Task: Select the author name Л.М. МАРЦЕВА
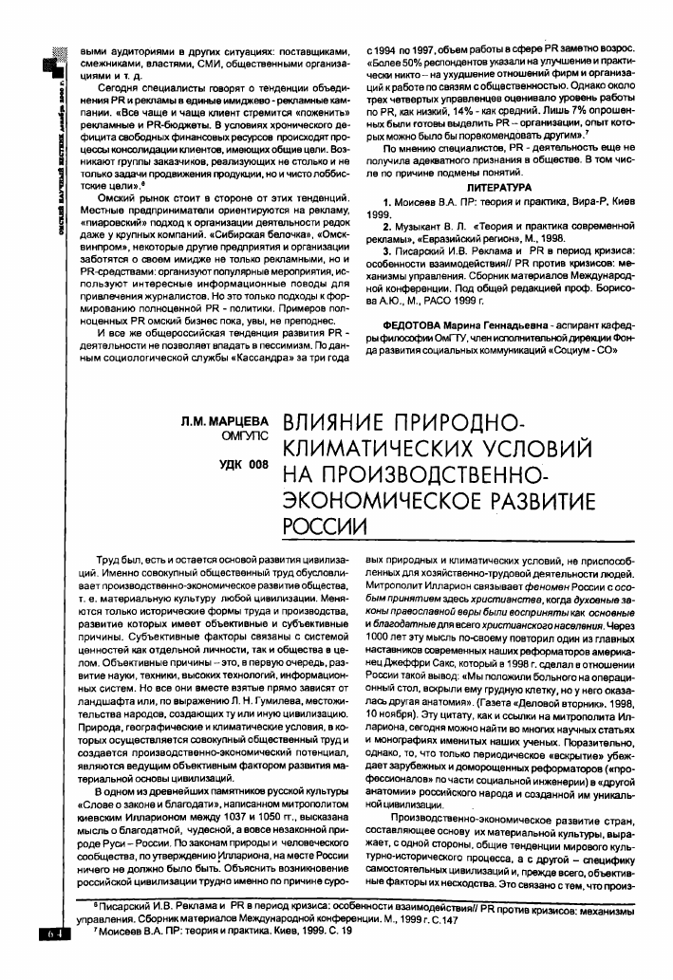221,418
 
